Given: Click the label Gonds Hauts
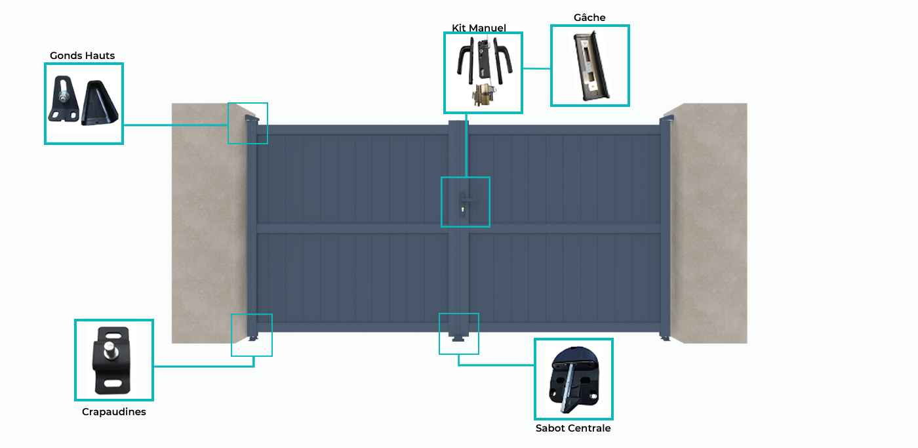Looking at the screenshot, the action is point(82,56).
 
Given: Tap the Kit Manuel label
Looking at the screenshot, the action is point(479,28).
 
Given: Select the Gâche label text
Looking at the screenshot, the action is point(589,18).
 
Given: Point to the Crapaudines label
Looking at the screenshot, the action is point(114,411).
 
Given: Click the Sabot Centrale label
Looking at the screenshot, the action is point(573,428).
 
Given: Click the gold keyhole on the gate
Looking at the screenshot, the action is point(463,210).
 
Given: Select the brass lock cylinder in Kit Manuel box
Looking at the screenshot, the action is point(484,95).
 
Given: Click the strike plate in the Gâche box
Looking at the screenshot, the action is point(589,66).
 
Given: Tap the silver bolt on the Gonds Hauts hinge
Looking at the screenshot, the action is point(64,98).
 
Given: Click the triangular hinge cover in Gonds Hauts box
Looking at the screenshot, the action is point(100,102).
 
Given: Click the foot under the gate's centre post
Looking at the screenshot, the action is point(458,338).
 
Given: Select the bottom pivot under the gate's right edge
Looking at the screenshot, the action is point(665,338).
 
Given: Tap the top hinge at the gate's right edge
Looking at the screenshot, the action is point(666,119).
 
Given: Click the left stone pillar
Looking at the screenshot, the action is point(209,224).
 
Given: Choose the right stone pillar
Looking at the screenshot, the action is point(709,224).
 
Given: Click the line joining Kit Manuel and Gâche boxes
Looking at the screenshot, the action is point(536,68).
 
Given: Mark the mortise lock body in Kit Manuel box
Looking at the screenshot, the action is point(483,60).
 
